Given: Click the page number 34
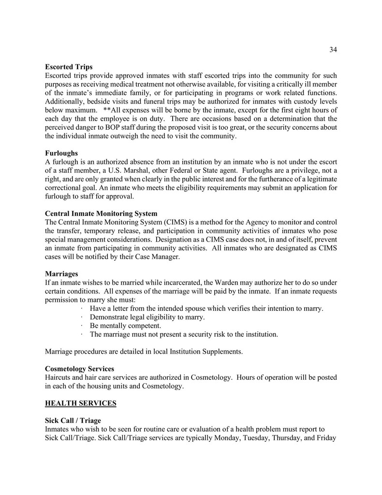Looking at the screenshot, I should pos(333,49).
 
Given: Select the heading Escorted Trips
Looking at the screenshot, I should pos(69,67).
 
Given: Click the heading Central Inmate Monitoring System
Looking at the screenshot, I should pos(101,213).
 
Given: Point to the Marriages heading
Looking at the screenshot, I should pos(61,274).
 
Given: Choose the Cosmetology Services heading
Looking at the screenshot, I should pos(79,369).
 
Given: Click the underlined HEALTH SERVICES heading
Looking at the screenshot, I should pos(80,403).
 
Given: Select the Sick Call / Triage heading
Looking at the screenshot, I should pos(73,420).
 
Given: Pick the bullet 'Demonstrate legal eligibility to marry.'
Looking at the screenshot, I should pos(147,317).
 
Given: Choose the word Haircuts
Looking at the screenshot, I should pos(59,377).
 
